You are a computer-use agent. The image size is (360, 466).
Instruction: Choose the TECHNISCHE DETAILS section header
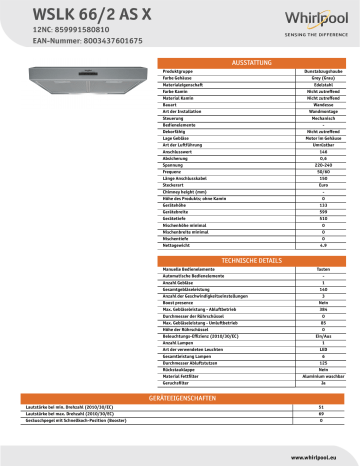244,259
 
